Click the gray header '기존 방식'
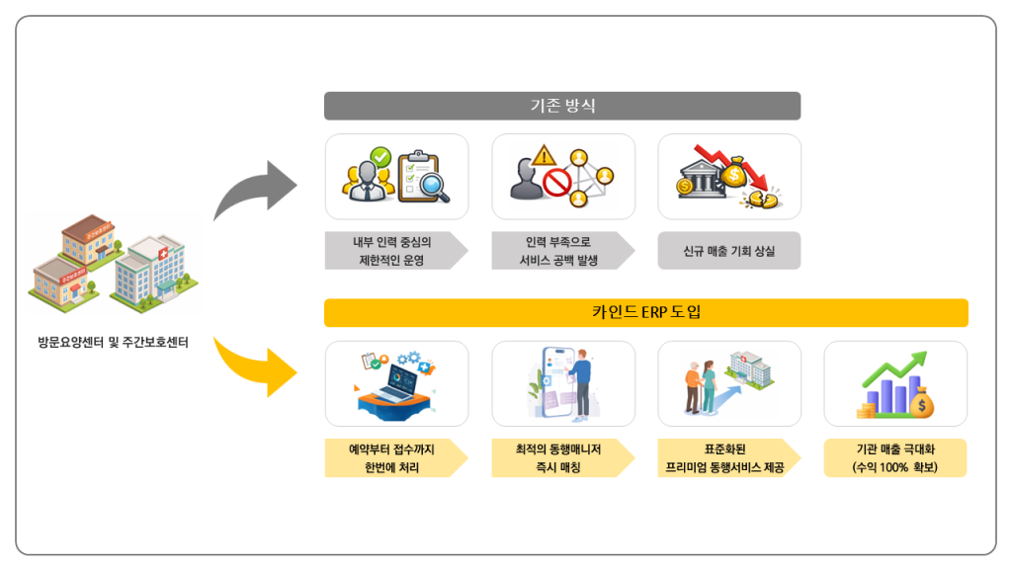coord(562,106)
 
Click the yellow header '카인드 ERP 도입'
coord(645,313)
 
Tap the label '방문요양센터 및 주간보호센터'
coord(113,343)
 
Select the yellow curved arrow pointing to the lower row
coord(253,364)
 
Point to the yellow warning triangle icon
coord(544,155)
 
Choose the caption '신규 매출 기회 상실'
coord(729,252)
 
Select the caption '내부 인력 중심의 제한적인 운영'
coord(392,252)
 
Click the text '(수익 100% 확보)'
coord(894,467)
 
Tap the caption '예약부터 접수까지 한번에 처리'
coord(392,458)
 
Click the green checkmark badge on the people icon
coord(380,156)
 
